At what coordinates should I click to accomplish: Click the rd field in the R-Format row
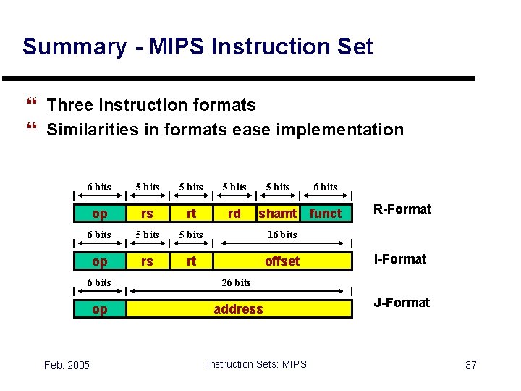click(x=234, y=213)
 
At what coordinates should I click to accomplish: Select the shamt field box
click(x=278, y=213)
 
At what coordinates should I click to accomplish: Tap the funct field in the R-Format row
click(x=325, y=213)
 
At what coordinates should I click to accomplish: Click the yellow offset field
click(x=282, y=261)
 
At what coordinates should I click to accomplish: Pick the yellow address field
click(x=238, y=309)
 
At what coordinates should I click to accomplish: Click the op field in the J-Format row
click(x=99, y=309)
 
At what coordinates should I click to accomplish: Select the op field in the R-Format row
click(x=99, y=213)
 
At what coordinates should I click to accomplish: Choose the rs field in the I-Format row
click(x=147, y=261)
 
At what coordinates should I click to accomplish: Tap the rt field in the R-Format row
click(x=191, y=213)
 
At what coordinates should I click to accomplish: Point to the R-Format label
click(x=402, y=209)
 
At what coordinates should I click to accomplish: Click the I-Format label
click(x=399, y=258)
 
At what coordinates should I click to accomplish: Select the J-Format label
click(x=401, y=302)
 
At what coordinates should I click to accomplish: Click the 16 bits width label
click(x=282, y=235)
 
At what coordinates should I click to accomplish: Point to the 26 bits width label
click(x=236, y=282)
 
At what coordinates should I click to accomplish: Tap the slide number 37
click(x=470, y=365)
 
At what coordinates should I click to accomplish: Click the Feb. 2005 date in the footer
click(x=66, y=365)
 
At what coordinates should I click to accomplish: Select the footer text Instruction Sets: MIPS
click(x=256, y=364)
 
